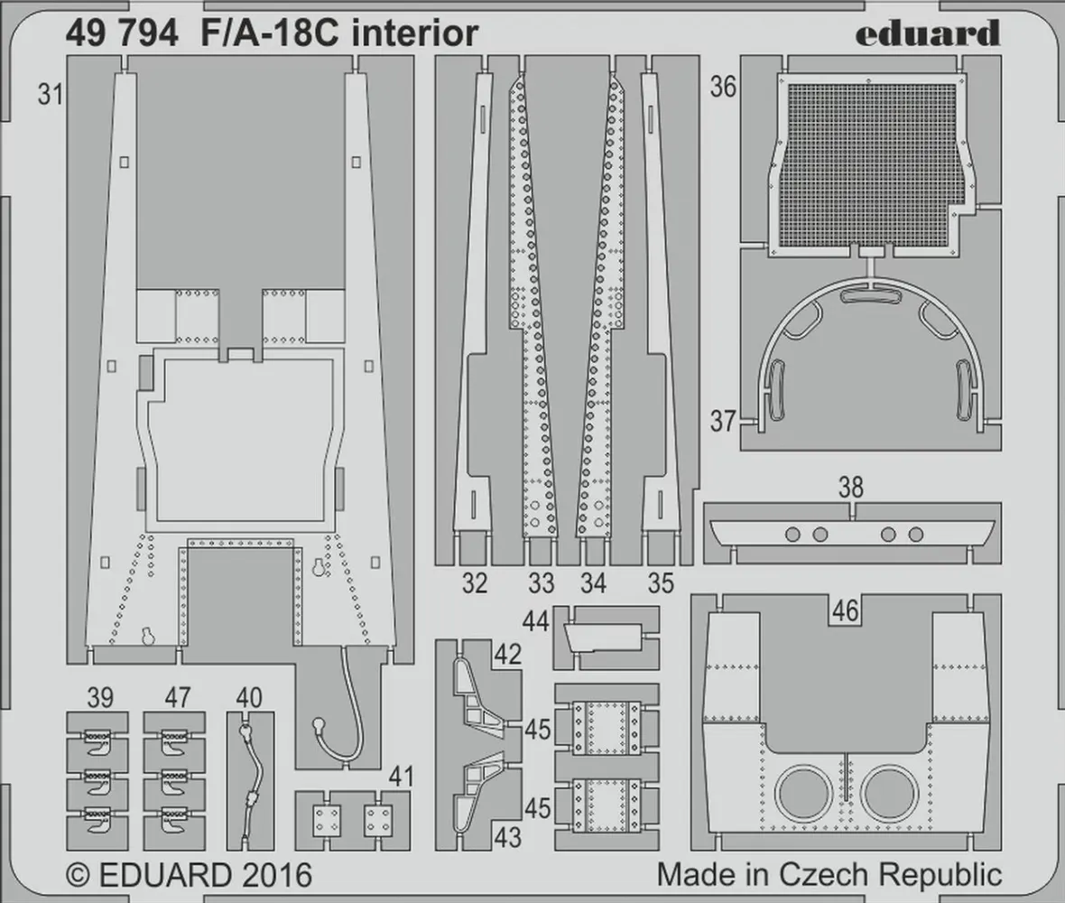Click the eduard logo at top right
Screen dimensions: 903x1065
pyautogui.click(x=927, y=33)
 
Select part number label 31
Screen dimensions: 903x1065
pyautogui.click(x=51, y=94)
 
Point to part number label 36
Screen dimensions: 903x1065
pyautogui.click(x=723, y=87)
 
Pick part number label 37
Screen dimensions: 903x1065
pyautogui.click(x=723, y=422)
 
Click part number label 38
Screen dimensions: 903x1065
pyautogui.click(x=850, y=489)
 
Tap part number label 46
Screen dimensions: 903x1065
pyautogui.click(x=845, y=611)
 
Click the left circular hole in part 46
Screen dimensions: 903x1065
pyautogui.click(x=804, y=792)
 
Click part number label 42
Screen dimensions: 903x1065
pyautogui.click(x=508, y=655)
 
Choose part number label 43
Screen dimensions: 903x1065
pyautogui.click(x=508, y=837)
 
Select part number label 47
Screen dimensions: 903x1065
pyautogui.click(x=178, y=697)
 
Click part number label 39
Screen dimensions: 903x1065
pyautogui.click(x=100, y=697)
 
